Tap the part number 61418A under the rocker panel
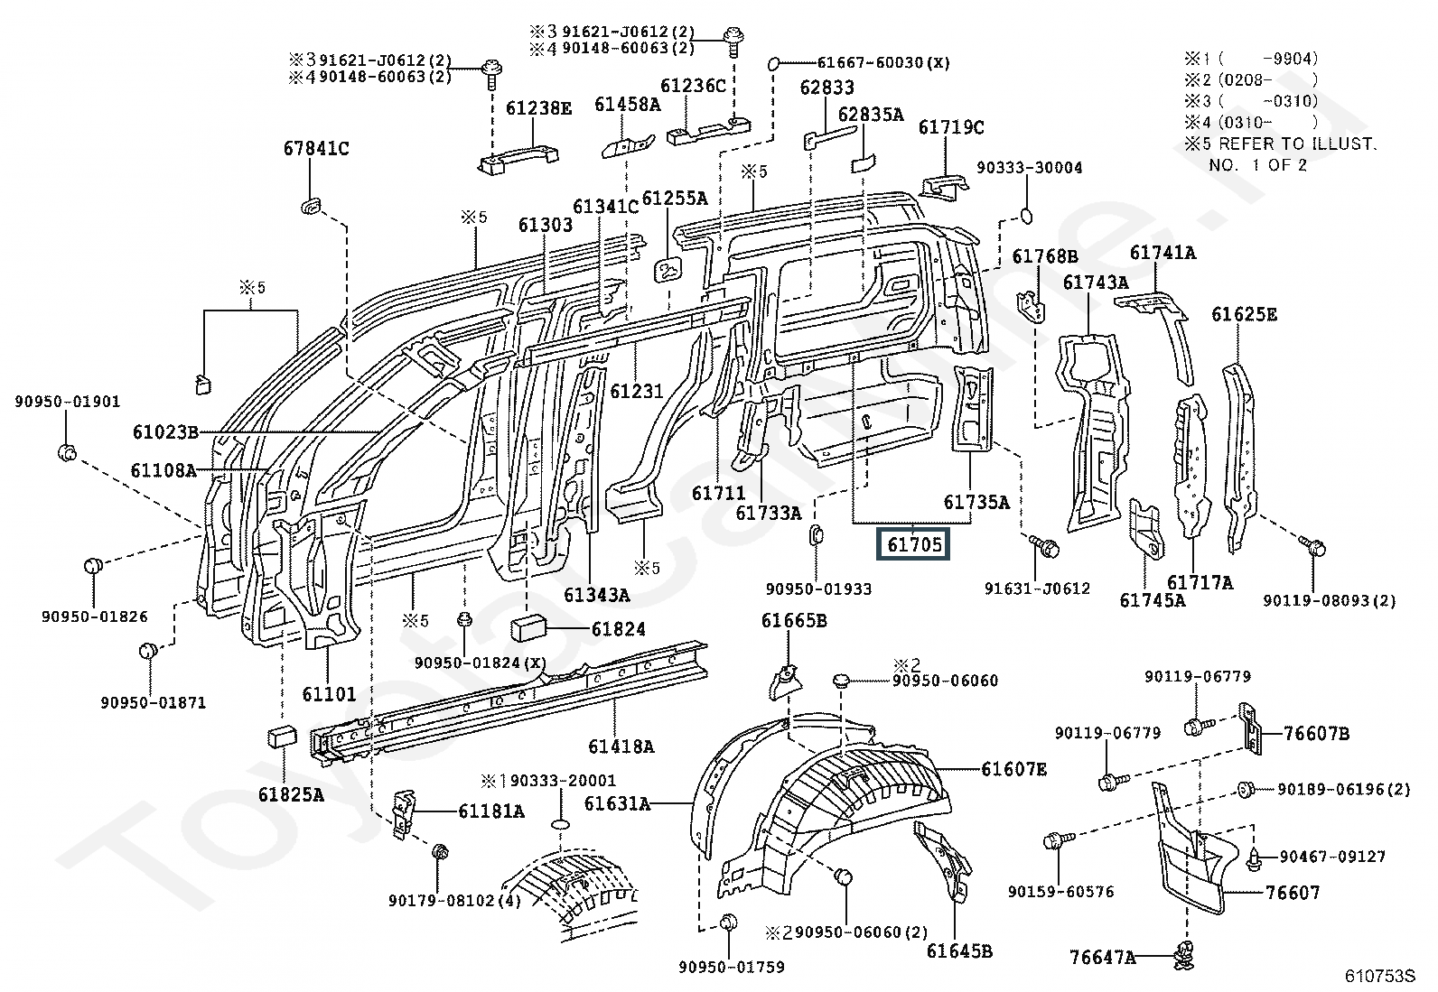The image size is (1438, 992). [x=621, y=746]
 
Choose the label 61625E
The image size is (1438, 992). [x=1244, y=314]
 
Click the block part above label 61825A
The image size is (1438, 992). [x=282, y=736]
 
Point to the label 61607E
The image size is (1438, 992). [x=1014, y=769]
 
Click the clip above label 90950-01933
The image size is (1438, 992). [x=813, y=534]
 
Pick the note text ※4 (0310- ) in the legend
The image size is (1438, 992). [x=1251, y=122]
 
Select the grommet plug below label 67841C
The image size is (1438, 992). [x=310, y=207]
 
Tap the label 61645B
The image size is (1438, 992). [x=958, y=950]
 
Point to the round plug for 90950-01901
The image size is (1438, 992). [x=68, y=451]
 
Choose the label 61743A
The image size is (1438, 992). [x=1095, y=282]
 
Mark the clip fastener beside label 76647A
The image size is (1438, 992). [x=1186, y=954]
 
